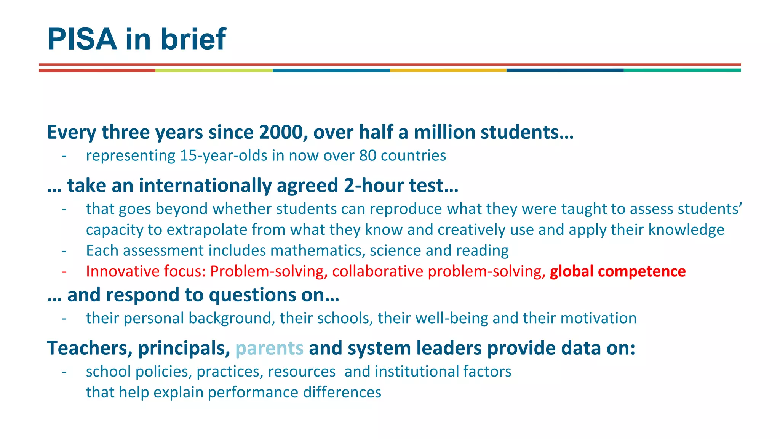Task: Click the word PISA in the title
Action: tap(82, 39)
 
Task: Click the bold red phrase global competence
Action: tap(617, 271)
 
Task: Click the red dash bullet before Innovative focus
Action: tap(64, 271)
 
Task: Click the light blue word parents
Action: tap(269, 348)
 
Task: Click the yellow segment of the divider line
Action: tap(448, 70)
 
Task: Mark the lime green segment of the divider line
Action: tap(214, 70)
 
